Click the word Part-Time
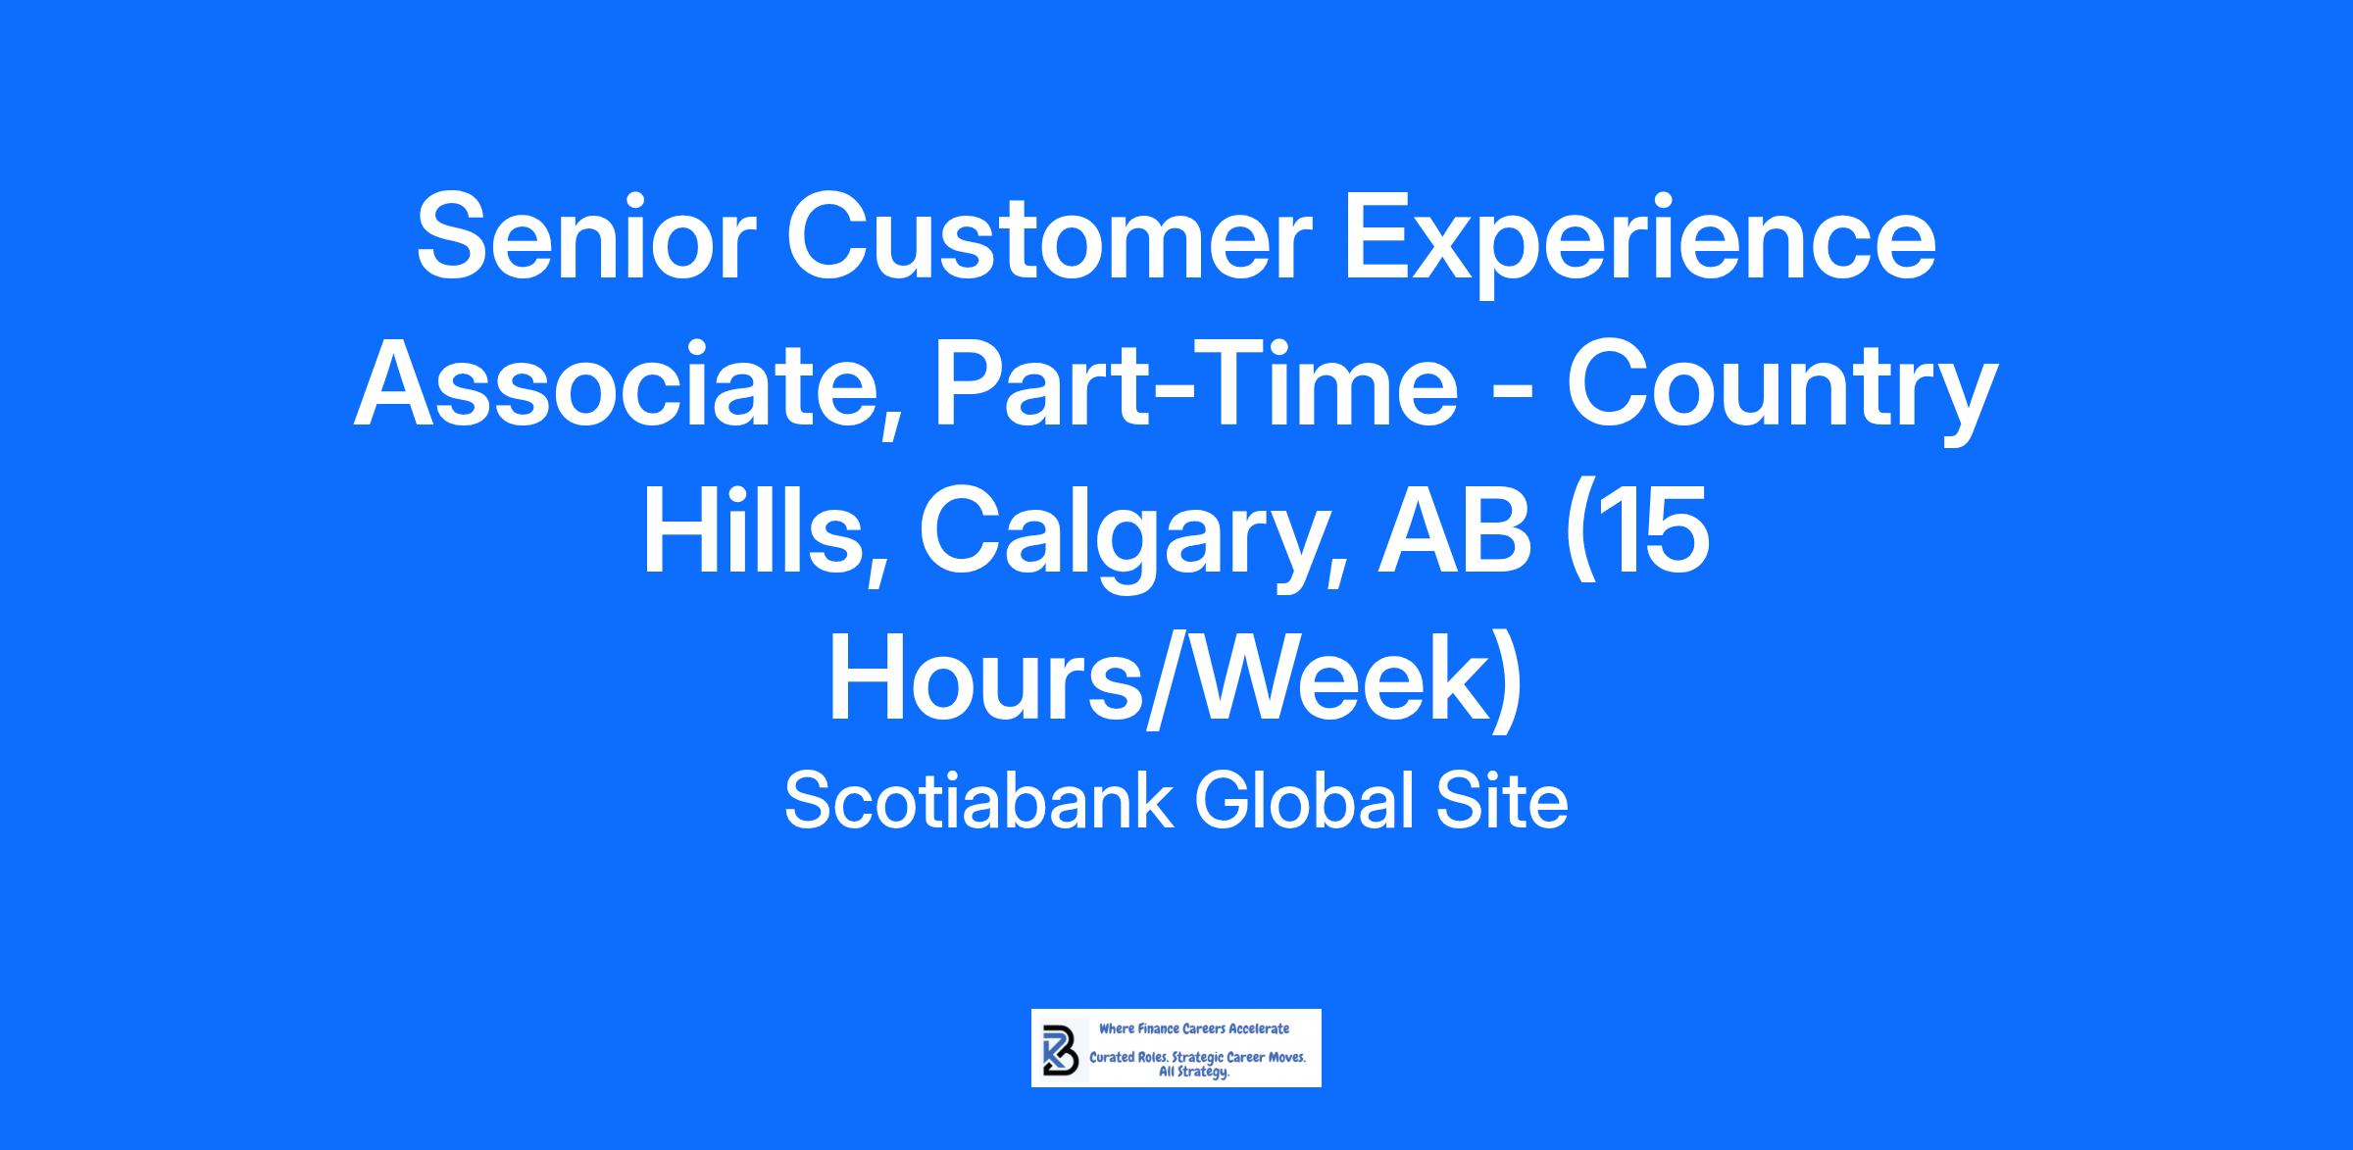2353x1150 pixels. tap(1196, 386)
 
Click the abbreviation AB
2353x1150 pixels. tap(1454, 533)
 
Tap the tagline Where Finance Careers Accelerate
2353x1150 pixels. tap(1194, 1028)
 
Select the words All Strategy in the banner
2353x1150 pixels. tap(1194, 1073)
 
